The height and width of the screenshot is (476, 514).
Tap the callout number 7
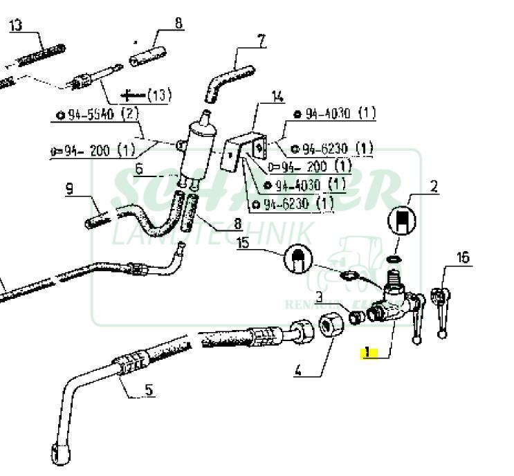click(261, 40)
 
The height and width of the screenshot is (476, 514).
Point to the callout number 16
click(463, 257)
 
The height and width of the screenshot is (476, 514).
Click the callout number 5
click(149, 390)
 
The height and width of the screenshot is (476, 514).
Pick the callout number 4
click(298, 370)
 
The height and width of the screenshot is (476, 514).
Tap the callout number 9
click(70, 187)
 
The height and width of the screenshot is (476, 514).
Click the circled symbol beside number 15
click(298, 258)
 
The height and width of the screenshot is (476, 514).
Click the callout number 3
click(320, 297)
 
